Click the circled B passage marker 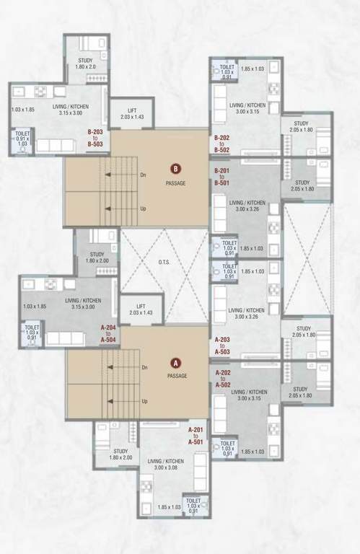pyautogui.click(x=175, y=170)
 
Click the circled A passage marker pyautogui.click(x=174, y=363)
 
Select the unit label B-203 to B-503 pyautogui.click(x=96, y=138)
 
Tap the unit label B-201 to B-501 pyautogui.click(x=222, y=177)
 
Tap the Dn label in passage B pyautogui.click(x=143, y=174)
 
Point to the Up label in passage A pyautogui.click(x=144, y=401)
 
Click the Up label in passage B pyautogui.click(x=143, y=208)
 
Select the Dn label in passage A pyautogui.click(x=144, y=368)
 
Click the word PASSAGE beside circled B pyautogui.click(x=175, y=183)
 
